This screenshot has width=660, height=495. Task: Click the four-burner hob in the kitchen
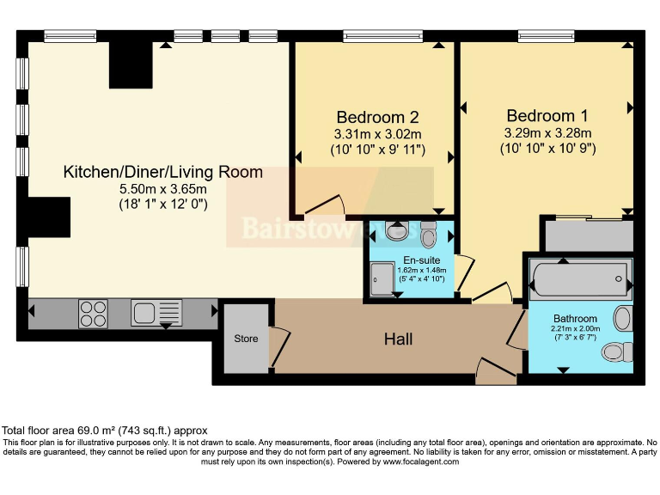[x=94, y=314]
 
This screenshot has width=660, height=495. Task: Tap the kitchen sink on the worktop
[x=156, y=314]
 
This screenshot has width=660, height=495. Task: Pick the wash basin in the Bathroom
[x=624, y=319]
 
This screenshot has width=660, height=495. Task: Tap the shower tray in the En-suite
[x=382, y=278]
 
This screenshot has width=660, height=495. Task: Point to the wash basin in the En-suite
[x=398, y=231]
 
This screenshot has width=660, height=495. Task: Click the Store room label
[x=246, y=339]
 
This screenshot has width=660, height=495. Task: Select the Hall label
[x=398, y=339]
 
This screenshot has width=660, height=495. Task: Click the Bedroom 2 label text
[x=377, y=117]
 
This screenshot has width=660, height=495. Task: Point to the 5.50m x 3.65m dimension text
[x=162, y=189]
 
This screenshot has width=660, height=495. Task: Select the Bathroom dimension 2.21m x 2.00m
[x=575, y=328]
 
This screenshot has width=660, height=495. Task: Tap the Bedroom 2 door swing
[x=325, y=205]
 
